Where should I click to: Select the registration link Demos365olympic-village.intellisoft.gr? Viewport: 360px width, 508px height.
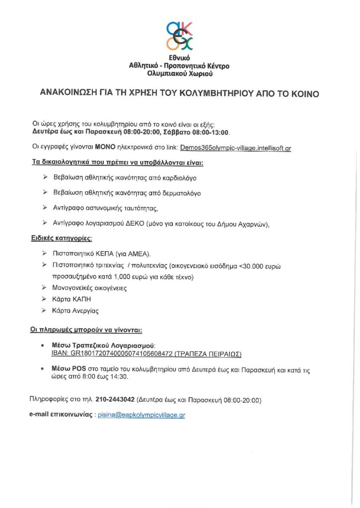pyautogui.click(x=236, y=147)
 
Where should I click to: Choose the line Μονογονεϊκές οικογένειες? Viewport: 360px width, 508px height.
pyautogui.click(x=90, y=287)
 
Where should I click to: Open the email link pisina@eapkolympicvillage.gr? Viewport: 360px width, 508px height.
pyautogui.click(x=141, y=415)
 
